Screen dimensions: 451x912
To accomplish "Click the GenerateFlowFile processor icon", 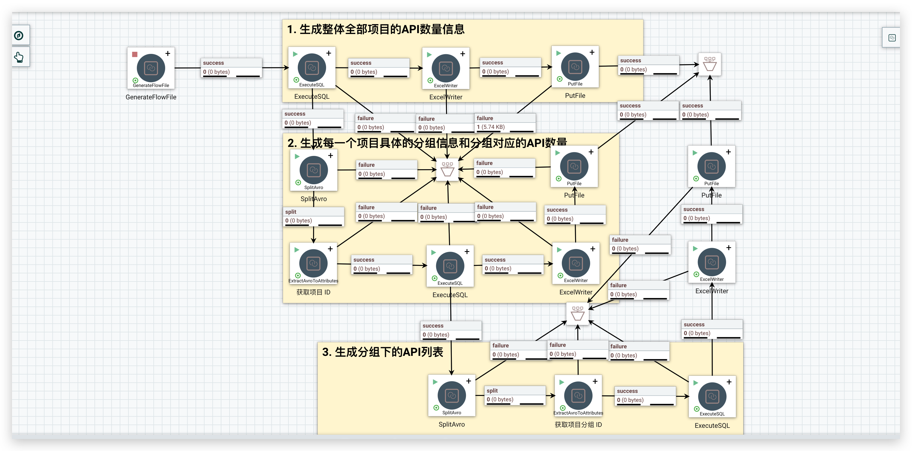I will (x=151, y=68).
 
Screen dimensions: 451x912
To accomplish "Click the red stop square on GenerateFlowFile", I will (x=134, y=54).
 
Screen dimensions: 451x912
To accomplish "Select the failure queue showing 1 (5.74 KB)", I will (x=505, y=123).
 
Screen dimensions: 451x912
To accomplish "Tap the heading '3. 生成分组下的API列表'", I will (x=382, y=352).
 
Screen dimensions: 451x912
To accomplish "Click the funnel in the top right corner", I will (x=710, y=64).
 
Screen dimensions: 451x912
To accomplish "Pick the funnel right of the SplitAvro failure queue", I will (x=448, y=169).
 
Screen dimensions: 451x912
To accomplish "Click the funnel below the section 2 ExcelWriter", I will (x=578, y=313).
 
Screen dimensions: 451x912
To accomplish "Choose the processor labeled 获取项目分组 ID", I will (x=578, y=396).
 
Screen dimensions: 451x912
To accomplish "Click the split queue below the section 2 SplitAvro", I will (x=313, y=216).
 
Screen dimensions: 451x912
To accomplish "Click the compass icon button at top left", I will (x=19, y=36).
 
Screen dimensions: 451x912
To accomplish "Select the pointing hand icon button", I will (x=19, y=57).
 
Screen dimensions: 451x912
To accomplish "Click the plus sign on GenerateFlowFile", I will (x=168, y=54).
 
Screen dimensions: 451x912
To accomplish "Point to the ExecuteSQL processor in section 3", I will (x=712, y=397).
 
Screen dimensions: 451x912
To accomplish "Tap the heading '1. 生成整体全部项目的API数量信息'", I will (x=376, y=29).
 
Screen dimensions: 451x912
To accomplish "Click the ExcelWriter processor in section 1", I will (x=446, y=68).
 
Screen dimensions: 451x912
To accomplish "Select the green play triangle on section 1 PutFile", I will (x=559, y=53).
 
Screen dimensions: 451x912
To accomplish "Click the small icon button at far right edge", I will (x=892, y=38).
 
